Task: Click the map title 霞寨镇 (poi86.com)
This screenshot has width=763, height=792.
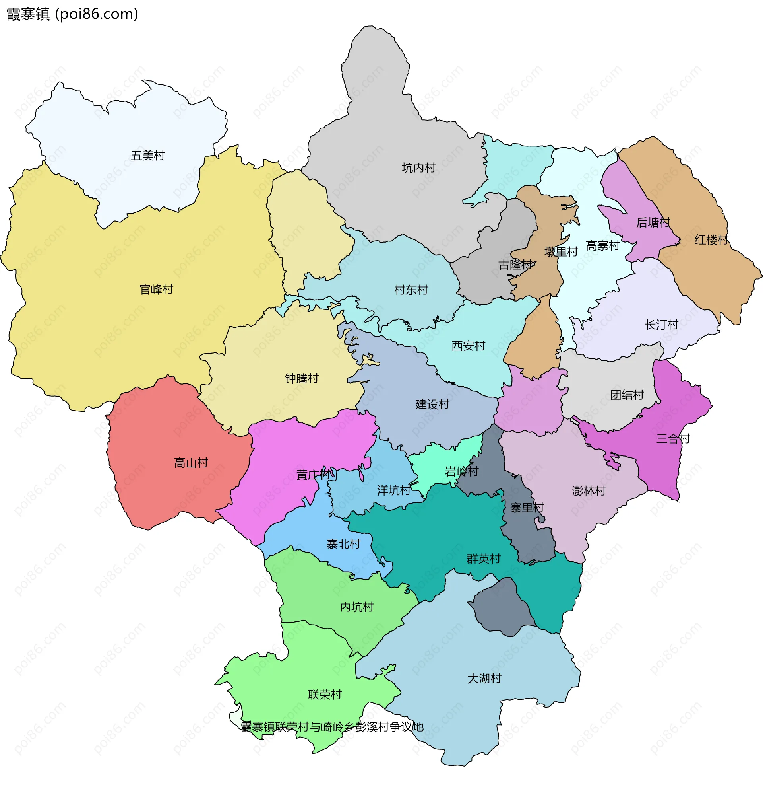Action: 73,14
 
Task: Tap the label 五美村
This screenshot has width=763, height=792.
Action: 148,156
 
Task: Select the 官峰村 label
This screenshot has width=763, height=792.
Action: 156,289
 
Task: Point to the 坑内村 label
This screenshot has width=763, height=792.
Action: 418,168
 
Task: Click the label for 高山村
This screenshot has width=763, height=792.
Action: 191,463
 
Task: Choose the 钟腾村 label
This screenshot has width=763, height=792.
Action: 302,379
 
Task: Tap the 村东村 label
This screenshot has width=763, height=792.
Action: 411,290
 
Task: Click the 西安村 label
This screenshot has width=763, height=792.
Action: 468,346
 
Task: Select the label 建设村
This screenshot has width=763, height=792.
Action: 432,404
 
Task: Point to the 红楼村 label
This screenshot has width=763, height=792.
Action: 711,240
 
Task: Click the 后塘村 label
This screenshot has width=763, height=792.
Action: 653,223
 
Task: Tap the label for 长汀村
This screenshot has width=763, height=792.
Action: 661,325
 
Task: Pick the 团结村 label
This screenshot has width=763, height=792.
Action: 627,395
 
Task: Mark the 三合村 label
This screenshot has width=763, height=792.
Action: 673,438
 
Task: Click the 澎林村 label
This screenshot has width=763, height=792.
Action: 589,491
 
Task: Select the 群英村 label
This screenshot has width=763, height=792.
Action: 484,559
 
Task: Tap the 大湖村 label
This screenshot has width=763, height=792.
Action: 484,679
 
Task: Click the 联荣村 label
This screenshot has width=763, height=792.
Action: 325,695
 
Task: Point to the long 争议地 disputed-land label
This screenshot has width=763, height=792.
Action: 332,727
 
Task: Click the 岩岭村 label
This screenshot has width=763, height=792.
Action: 461,471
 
